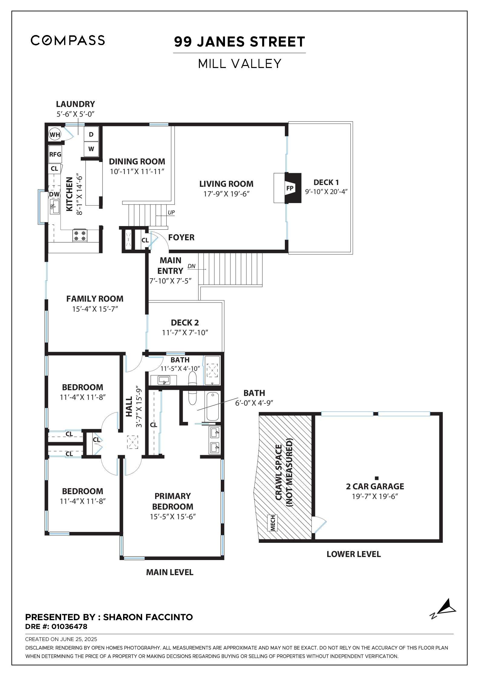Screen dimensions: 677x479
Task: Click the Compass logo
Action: click(x=68, y=40)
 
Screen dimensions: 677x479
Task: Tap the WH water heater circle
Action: click(x=55, y=134)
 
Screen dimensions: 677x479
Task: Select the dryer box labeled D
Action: click(x=91, y=134)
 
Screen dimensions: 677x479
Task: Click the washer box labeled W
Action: click(x=91, y=149)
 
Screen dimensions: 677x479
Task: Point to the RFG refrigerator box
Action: click(x=55, y=154)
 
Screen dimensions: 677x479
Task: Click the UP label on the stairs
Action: click(x=171, y=212)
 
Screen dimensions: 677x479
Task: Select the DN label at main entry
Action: click(x=191, y=266)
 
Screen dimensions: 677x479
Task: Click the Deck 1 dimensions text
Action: click(x=326, y=192)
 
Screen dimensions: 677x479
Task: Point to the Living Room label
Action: click(x=226, y=184)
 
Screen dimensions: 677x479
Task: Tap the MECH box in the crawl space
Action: click(x=272, y=523)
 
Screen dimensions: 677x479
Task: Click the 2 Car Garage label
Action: click(x=375, y=486)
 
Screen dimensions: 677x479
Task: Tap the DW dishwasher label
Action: click(x=54, y=194)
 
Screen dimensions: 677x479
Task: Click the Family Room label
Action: click(x=95, y=299)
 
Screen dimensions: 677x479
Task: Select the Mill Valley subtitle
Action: click(x=239, y=64)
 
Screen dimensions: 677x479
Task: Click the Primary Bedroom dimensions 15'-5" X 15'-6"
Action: click(x=173, y=517)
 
